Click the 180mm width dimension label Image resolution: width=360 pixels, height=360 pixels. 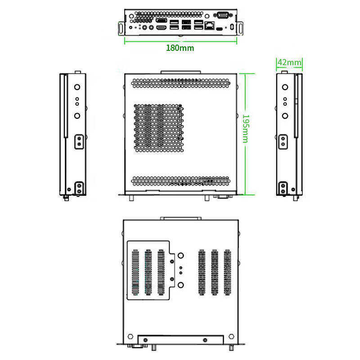180,48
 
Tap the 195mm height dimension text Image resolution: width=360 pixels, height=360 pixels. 246,129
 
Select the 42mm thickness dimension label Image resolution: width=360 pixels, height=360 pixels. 289,62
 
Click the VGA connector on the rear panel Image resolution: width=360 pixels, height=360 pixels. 223,15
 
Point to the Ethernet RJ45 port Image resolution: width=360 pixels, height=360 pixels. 209,26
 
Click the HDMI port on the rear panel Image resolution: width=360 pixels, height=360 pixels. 162,28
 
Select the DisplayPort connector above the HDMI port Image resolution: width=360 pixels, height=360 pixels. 162,20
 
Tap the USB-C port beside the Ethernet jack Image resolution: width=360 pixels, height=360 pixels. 219,29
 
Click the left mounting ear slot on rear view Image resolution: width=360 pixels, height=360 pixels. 121,28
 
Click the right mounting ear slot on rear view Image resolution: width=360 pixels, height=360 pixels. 240,28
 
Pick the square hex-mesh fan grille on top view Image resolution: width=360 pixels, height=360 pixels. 159,128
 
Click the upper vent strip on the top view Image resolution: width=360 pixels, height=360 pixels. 180,83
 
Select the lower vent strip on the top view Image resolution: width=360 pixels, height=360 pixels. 180,181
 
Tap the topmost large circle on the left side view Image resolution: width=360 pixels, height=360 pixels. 77,87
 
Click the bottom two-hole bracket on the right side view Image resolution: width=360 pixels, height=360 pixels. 283,188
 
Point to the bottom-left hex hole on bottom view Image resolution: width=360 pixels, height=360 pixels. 130,336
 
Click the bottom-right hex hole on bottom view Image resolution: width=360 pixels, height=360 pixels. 231,336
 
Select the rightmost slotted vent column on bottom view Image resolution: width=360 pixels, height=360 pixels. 227,272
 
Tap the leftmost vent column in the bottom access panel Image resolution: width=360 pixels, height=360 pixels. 135,272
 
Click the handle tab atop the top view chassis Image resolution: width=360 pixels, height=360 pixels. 181,72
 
